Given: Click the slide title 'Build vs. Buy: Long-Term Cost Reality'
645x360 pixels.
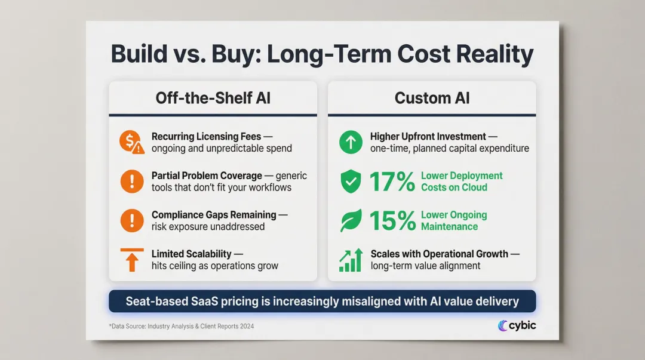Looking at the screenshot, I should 322,54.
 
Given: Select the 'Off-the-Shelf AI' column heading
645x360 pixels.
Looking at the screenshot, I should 213,98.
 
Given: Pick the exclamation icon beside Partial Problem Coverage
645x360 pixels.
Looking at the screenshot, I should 131,181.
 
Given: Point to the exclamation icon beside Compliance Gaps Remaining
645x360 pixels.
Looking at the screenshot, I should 131,221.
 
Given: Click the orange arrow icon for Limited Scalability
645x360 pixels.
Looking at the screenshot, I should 131,260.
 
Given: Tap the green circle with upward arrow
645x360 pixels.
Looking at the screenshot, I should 351,142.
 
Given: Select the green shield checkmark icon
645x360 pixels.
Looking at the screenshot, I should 351,181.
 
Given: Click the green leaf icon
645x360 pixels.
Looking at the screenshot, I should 351,221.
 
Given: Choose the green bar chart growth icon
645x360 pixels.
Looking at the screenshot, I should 351,260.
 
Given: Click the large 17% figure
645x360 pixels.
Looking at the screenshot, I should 392,181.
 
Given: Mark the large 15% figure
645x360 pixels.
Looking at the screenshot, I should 392,221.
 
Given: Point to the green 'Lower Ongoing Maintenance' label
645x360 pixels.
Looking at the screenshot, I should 454,221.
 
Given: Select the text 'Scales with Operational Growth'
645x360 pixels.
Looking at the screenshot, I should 439,254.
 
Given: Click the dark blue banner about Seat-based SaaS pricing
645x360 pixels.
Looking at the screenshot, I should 322,301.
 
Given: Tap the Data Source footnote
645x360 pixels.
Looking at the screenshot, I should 185,326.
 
